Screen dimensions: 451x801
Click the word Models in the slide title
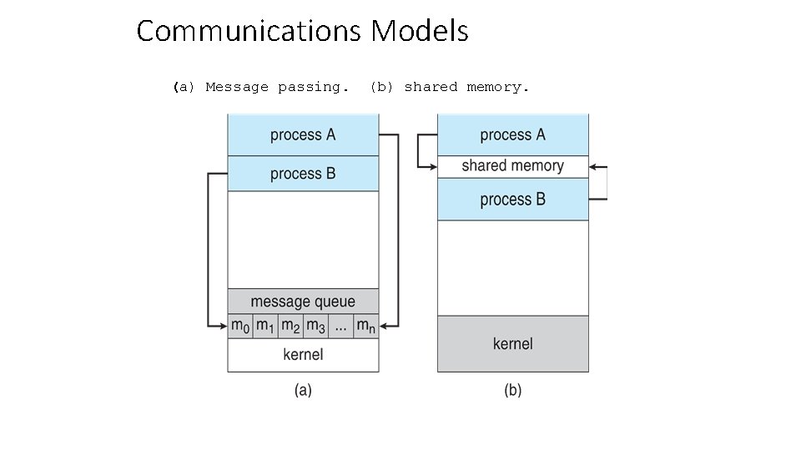pos(420,32)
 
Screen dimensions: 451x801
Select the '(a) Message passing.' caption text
pos(261,87)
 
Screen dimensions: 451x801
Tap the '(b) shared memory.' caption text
pos(450,87)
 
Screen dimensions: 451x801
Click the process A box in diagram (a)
pos(303,135)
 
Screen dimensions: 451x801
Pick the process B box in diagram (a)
pos(303,174)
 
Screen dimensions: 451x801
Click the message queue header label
pos(303,302)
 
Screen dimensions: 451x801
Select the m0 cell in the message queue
pos(240,326)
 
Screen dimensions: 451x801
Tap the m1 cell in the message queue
pos(265,326)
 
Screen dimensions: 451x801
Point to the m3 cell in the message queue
pos(315,326)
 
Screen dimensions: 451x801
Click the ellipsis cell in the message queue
pos(340,326)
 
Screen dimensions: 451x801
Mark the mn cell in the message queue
pos(365,326)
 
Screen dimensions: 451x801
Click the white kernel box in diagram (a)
pos(303,355)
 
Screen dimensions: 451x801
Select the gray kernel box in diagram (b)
pos(512,343)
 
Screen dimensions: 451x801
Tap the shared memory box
pos(512,165)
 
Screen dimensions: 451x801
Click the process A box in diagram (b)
pos(512,135)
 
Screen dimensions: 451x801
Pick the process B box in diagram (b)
pos(512,200)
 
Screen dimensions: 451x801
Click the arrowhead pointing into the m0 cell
pos(223,326)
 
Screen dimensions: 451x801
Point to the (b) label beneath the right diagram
pos(512,390)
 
